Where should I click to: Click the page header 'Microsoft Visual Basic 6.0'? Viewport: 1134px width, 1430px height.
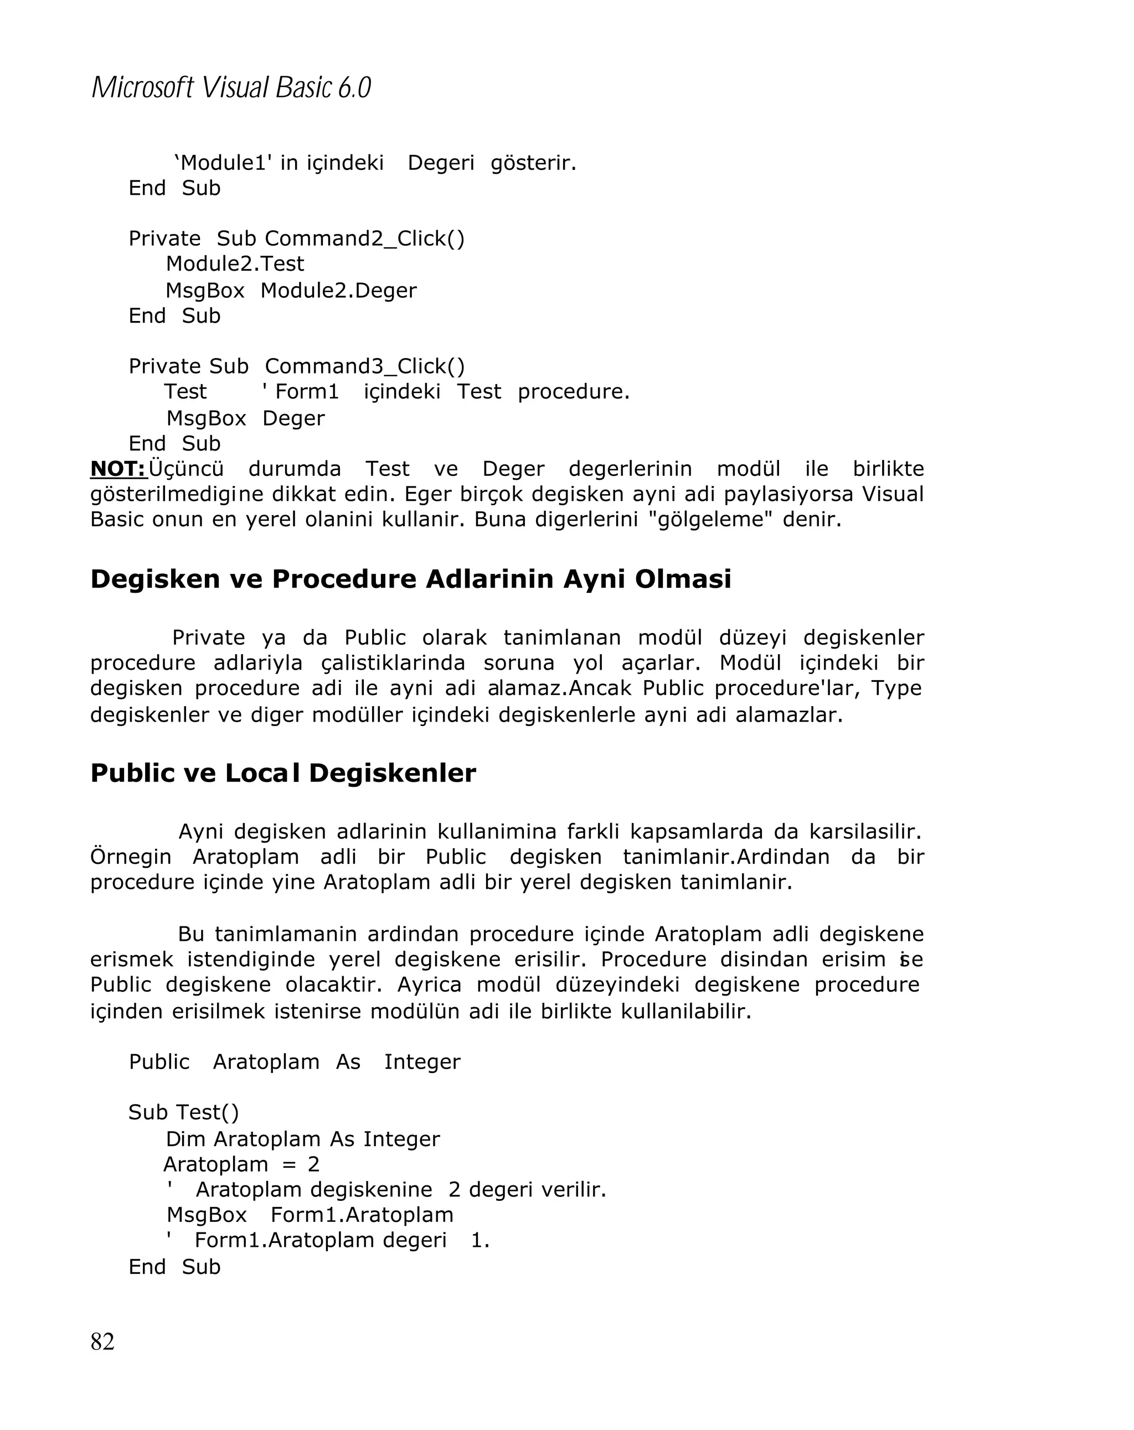[231, 87]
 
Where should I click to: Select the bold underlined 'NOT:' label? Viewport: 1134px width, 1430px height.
[118, 469]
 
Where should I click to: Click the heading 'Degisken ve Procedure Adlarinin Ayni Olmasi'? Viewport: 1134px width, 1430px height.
[411, 579]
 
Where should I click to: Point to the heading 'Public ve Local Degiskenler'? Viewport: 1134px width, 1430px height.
[283, 773]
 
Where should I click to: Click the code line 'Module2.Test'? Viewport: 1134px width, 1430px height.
[235, 264]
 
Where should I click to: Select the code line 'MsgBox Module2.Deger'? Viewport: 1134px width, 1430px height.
[291, 291]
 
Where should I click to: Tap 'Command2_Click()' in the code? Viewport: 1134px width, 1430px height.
[365, 239]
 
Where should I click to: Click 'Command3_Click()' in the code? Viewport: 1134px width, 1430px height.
[365, 366]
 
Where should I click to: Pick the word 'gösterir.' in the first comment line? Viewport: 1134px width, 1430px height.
[533, 163]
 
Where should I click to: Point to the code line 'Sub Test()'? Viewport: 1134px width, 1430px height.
[184, 1112]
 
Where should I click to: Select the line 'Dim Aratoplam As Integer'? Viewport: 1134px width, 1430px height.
[302, 1139]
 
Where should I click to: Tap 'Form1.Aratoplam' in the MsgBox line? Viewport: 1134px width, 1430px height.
[362, 1215]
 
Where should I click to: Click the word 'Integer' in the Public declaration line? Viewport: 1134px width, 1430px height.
[422, 1062]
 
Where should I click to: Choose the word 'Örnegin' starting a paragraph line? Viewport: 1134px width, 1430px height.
[131, 857]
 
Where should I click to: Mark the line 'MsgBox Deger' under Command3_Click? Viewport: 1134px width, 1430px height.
[245, 418]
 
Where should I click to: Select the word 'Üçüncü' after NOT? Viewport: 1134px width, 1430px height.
[187, 469]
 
